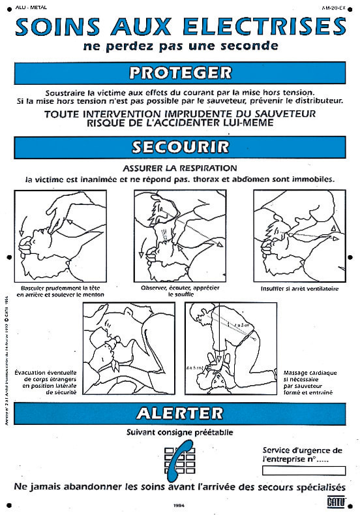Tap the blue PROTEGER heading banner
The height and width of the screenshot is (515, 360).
coord(180,72)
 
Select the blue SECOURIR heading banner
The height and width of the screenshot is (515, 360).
coord(180,147)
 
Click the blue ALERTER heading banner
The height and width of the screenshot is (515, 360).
coord(180,413)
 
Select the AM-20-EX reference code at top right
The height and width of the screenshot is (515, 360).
coord(334,7)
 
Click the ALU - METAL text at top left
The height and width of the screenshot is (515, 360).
coord(27,7)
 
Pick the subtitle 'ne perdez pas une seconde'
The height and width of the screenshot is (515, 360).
coord(180,46)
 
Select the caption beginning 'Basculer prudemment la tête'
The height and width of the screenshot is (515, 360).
coord(63,290)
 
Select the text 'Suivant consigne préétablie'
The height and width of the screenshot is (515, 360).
coord(180,431)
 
